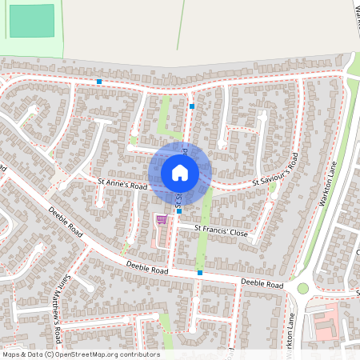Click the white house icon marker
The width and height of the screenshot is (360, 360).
pyautogui.click(x=179, y=172)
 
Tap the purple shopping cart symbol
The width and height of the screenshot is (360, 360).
pyautogui.click(x=162, y=218)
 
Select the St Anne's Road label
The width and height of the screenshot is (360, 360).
pyautogui.click(x=123, y=184)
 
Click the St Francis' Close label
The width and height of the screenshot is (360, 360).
pyautogui.click(x=222, y=230)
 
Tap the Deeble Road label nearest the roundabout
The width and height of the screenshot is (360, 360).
pyautogui.click(x=262, y=284)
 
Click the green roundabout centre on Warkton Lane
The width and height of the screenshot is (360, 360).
pyautogui.click(x=303, y=288)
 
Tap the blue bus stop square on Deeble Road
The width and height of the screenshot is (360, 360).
pyautogui.click(x=200, y=273)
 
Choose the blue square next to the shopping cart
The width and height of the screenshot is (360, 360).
pyautogui.click(x=179, y=212)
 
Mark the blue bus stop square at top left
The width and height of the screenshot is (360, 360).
pyautogui.click(x=99, y=82)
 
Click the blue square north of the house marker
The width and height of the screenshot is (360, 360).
pyautogui.click(x=192, y=105)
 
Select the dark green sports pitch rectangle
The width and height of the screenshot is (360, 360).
pyautogui.click(x=32, y=21)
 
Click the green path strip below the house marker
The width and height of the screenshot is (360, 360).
pyautogui.click(x=205, y=232)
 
